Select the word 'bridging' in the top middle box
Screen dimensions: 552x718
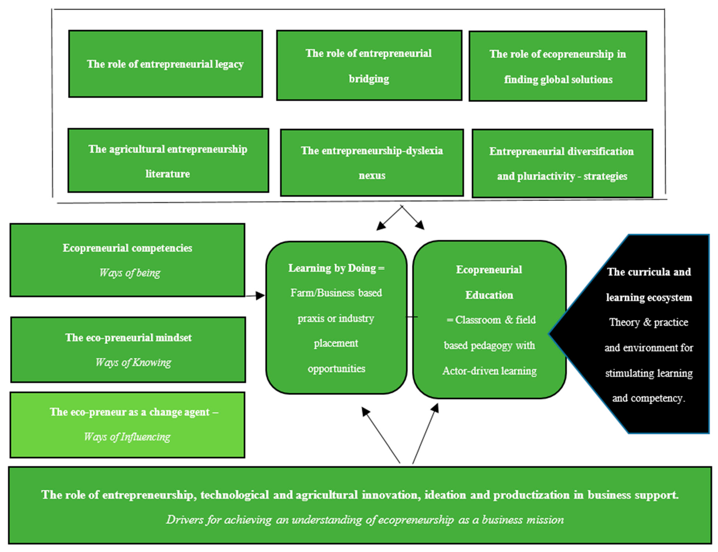pos(369,79)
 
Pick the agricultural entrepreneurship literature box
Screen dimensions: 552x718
pos(168,160)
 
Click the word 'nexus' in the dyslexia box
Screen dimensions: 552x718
pos(372,175)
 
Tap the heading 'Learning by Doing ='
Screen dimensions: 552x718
pos(336,268)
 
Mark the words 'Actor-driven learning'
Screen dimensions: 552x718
pos(489,371)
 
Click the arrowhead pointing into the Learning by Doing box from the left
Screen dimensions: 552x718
pos(261,295)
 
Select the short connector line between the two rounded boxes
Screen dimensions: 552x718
pos(412,317)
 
